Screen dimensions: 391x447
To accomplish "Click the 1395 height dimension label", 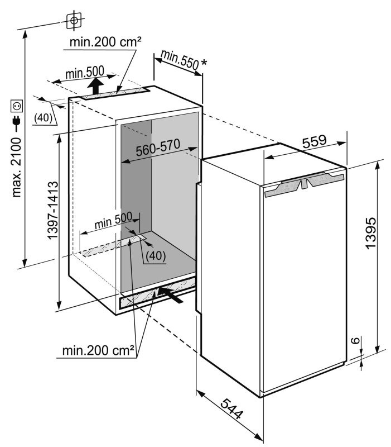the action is click(371, 233).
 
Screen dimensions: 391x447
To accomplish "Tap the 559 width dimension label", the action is click(314, 141).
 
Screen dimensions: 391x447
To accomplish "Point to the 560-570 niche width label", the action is click(158, 148).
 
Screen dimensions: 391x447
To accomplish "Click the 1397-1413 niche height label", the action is click(53, 210).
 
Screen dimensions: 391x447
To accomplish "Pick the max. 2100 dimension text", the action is click(17, 167).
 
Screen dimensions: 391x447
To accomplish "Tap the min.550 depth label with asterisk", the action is click(184, 60).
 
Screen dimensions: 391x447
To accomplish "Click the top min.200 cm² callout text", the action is click(105, 42).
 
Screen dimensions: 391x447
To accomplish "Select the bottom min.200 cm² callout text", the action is click(98, 350).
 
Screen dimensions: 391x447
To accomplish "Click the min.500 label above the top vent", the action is click(85, 73).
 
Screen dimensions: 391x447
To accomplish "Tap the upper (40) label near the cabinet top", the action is click(43, 117).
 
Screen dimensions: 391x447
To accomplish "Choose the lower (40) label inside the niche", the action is click(156, 256).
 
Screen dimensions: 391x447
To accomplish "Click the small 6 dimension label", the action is click(356, 340).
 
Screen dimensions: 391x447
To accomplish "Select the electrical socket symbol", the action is click(17, 106).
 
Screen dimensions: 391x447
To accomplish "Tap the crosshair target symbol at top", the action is click(74, 20).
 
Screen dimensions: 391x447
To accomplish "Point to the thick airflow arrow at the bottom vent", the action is click(171, 295).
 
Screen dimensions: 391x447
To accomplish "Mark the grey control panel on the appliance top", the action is click(304, 185).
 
